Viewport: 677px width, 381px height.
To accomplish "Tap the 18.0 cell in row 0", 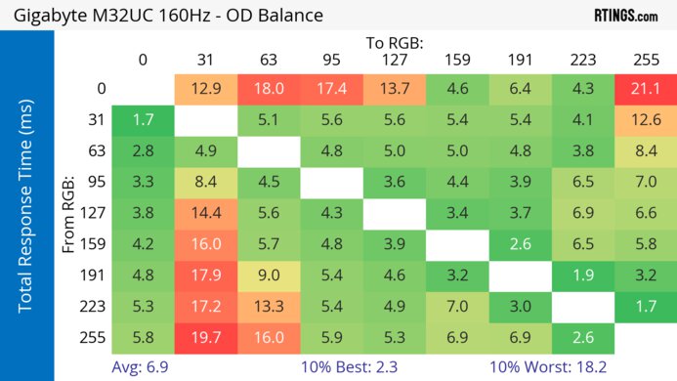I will point(269,89).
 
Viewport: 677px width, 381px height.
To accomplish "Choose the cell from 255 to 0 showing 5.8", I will point(143,338).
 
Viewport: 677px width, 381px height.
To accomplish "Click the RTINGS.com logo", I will point(626,16).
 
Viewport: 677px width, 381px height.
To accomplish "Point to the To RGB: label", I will point(395,43).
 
